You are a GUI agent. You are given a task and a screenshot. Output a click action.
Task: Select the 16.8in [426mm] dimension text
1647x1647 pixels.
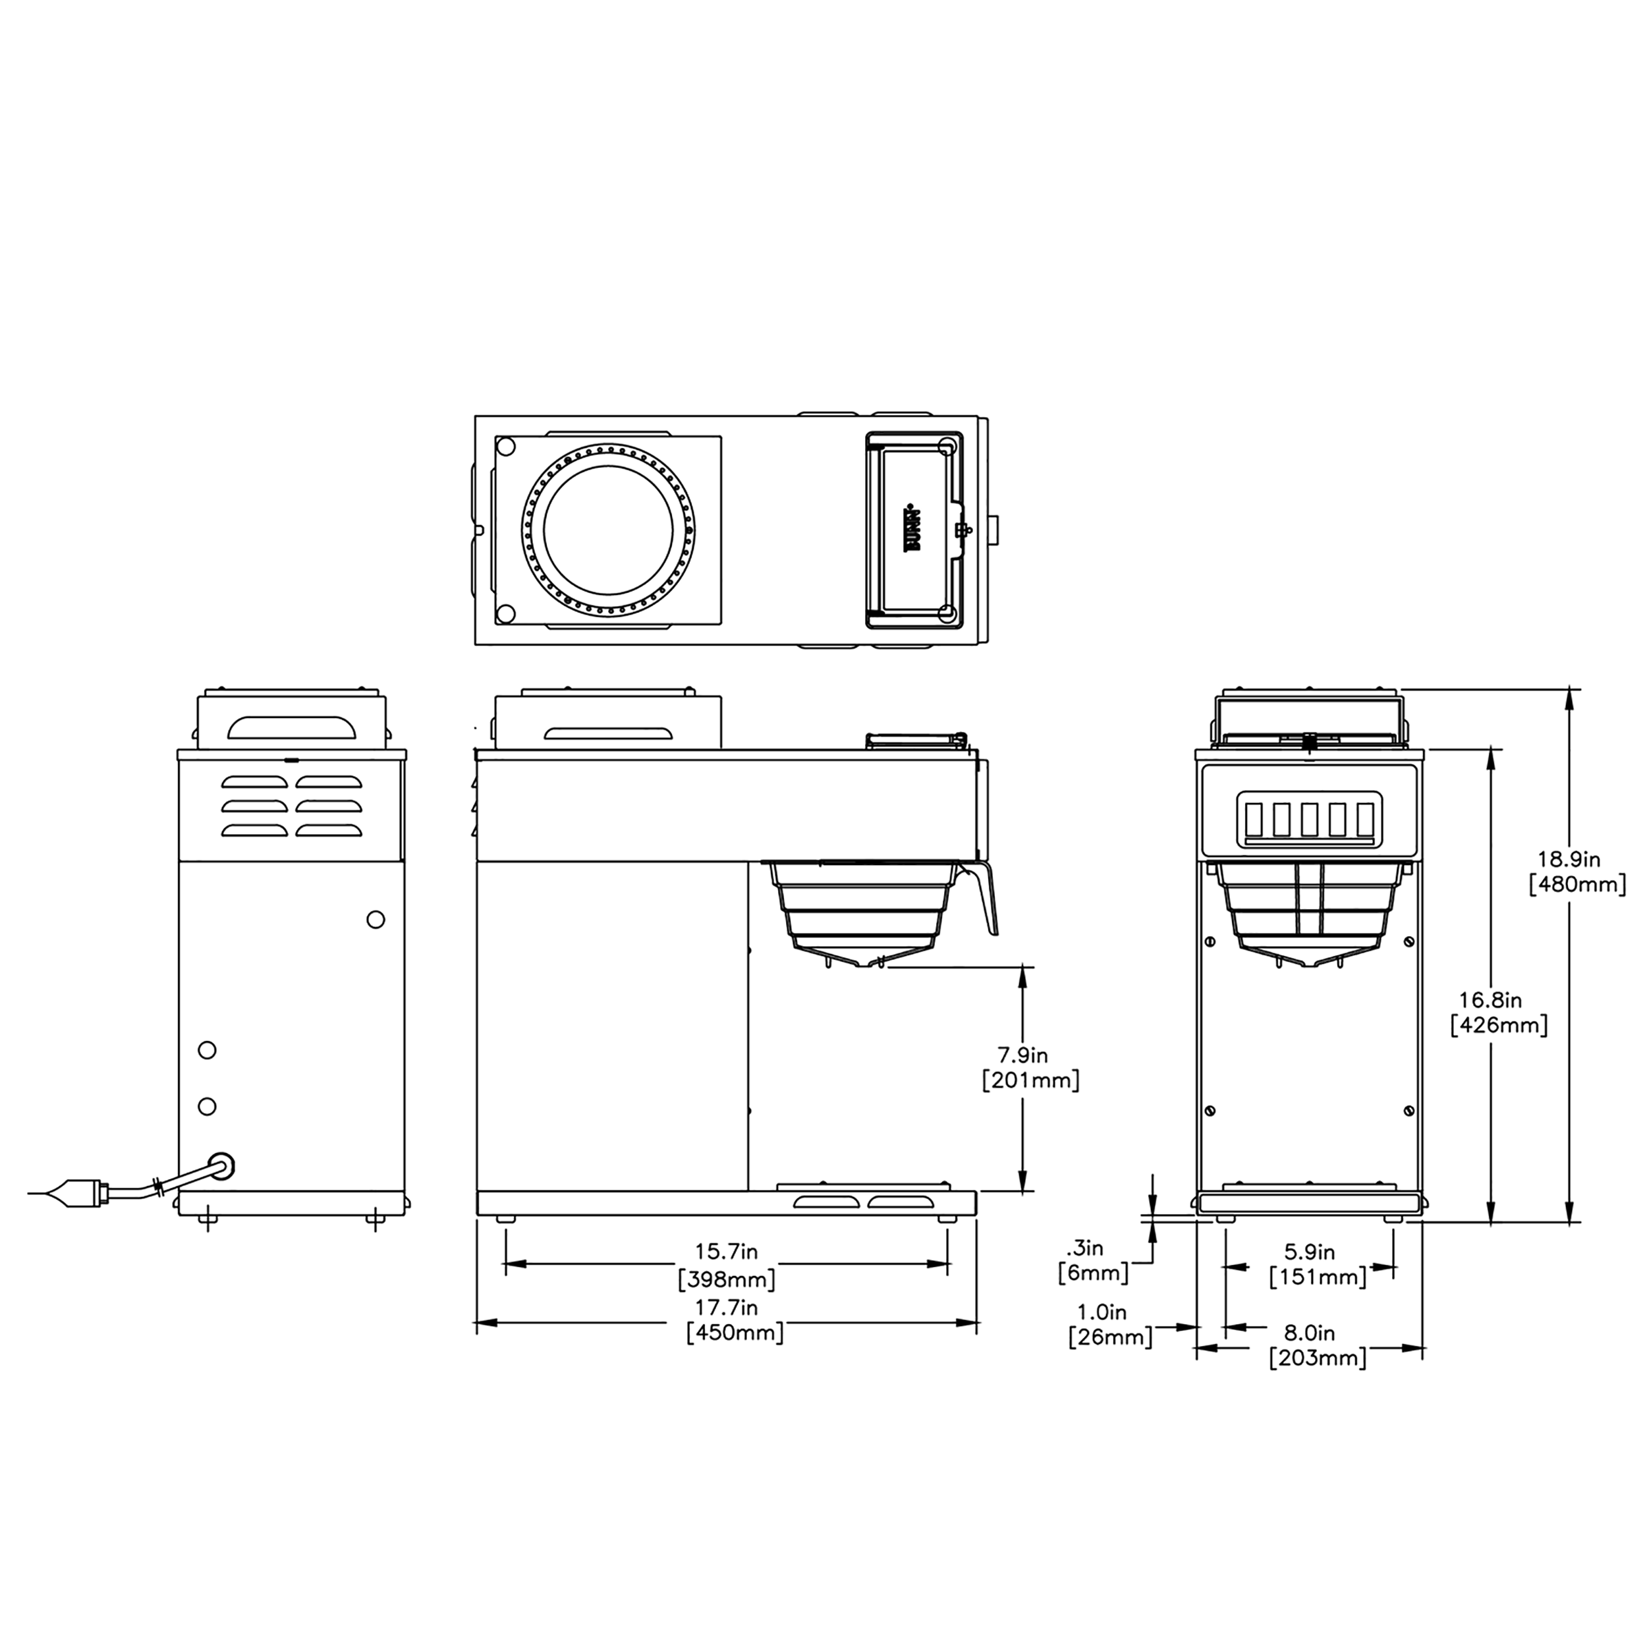pyautogui.click(x=1498, y=1012)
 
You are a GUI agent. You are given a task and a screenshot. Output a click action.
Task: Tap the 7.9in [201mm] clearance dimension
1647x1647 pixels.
pyautogui.click(x=1030, y=1068)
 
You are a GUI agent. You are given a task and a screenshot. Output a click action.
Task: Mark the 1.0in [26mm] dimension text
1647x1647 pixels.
pyautogui.click(x=1109, y=1325)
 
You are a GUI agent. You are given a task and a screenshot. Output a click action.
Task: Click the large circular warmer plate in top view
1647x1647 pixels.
pyautogui.click(x=608, y=531)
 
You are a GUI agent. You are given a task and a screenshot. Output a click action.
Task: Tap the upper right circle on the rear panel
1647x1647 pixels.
pyautogui.click(x=375, y=919)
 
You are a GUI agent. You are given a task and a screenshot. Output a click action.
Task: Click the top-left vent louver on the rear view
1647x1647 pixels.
pyautogui.click(x=254, y=782)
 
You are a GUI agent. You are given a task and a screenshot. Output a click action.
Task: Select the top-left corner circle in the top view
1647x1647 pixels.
pyautogui.click(x=505, y=446)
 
